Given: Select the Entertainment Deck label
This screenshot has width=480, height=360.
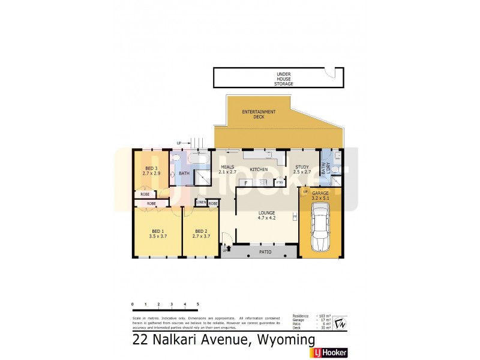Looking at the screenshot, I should (x=259, y=115).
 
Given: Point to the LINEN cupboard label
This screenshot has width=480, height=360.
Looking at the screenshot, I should (x=201, y=203).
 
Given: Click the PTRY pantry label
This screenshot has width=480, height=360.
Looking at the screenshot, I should (x=280, y=182).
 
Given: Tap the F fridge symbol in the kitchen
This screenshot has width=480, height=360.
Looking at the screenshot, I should (x=245, y=182).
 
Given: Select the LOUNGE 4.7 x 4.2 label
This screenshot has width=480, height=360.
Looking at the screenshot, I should (x=266, y=215).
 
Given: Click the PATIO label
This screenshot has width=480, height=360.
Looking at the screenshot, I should (x=265, y=252).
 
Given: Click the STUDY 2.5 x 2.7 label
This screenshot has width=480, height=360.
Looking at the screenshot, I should (x=301, y=170).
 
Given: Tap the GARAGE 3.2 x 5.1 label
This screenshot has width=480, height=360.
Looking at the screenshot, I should (x=320, y=194).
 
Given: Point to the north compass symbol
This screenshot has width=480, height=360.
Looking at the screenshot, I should (x=340, y=322).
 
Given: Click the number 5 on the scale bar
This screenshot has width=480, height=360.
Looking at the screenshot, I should (x=197, y=305).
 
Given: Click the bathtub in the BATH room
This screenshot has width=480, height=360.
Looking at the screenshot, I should (x=197, y=160).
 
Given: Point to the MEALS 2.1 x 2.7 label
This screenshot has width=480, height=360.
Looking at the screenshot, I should (x=227, y=170).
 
